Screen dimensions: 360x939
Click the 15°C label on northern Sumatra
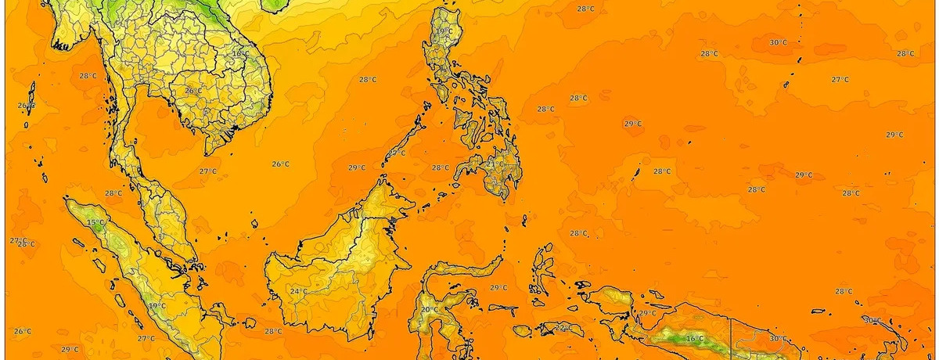(x=95, y=223)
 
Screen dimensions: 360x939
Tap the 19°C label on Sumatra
(x=156, y=306)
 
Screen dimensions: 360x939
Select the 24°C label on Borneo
(x=298, y=292)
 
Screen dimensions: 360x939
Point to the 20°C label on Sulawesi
(x=430, y=310)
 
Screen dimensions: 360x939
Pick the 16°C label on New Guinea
(x=694, y=339)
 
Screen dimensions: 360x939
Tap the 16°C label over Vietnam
(x=240, y=54)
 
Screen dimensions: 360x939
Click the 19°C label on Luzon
(x=444, y=31)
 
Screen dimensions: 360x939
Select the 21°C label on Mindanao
(x=495, y=165)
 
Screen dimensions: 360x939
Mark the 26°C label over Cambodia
(x=193, y=91)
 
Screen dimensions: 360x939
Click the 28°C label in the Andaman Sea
(x=88, y=76)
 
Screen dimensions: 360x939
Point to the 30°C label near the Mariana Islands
(x=778, y=42)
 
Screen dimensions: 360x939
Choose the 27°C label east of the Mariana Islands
(x=840, y=80)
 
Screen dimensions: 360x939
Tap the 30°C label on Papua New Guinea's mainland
(x=778, y=339)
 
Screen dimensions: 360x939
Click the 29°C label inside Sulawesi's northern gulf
(x=498, y=288)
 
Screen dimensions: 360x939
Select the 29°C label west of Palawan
(x=357, y=167)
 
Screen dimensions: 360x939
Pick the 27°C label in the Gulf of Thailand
(x=207, y=171)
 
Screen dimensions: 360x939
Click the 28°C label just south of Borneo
(x=273, y=332)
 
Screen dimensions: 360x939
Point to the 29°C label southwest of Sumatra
(x=70, y=349)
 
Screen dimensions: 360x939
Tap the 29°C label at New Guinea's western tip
(x=647, y=313)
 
